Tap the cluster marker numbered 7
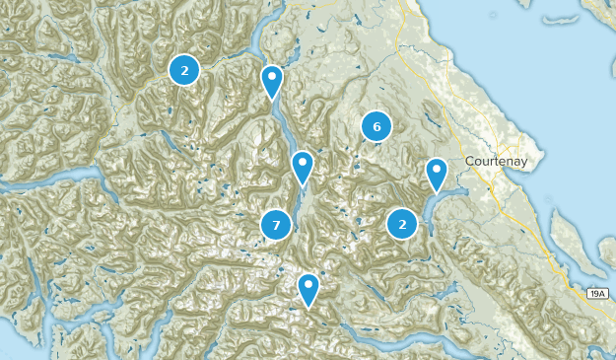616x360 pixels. click(x=276, y=226)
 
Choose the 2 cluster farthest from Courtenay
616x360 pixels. click(x=184, y=70)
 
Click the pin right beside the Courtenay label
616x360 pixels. click(x=436, y=174)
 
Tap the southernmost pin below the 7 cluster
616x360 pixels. click(x=308, y=287)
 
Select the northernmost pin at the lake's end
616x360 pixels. click(x=271, y=79)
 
